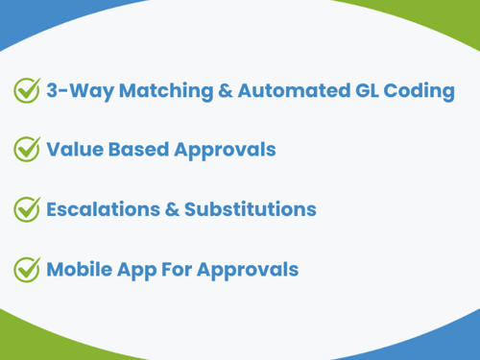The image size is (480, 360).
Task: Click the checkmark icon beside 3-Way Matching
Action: point(26,91)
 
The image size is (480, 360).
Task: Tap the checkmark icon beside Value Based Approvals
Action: point(26,150)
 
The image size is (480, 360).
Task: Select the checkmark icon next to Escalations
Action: point(26,209)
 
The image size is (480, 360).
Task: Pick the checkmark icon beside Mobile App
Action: point(26,270)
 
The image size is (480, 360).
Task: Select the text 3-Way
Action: point(74,92)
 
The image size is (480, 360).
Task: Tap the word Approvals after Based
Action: point(222,151)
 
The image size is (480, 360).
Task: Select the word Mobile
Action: point(80,269)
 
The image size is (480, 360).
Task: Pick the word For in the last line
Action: point(182,269)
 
